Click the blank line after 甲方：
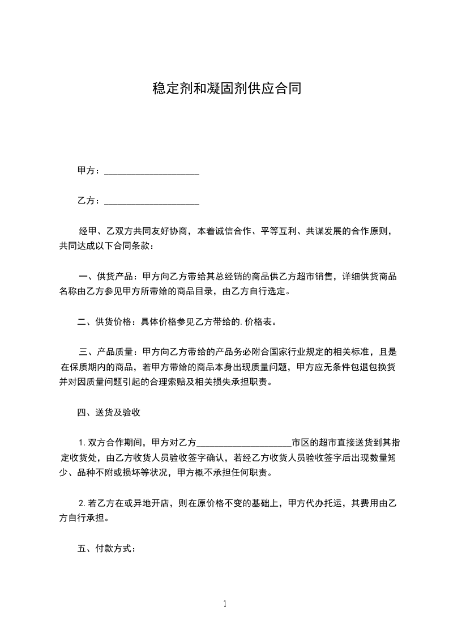tap(152, 171)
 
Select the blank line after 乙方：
tap(152, 201)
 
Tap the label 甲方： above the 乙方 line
tap(89, 171)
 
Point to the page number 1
tap(225, 604)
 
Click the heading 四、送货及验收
tap(108, 413)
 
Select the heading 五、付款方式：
tap(106, 549)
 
